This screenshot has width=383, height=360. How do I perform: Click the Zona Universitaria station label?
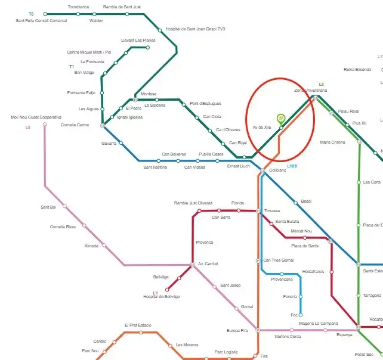pyautogui.click(x=310, y=91)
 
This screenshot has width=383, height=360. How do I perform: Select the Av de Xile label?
pyautogui.click(x=262, y=128)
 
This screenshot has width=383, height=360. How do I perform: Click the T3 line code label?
pyautogui.click(x=31, y=14)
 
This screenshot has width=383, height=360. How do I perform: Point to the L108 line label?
pyautogui.click(x=292, y=166)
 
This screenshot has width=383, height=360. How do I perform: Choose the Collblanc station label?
pyautogui.click(x=278, y=170)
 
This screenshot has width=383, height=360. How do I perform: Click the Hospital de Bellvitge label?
pyautogui.click(x=161, y=297)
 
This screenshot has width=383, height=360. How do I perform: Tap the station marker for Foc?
pyautogui.click(x=301, y=315)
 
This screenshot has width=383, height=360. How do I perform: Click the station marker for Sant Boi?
pyautogui.click(x=64, y=206)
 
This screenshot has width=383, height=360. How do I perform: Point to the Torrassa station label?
pyautogui.click(x=272, y=211)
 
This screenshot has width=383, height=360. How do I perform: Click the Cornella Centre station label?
pyautogui.click(x=75, y=125)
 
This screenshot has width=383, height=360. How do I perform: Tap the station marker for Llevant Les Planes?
pyautogui.click(x=147, y=47)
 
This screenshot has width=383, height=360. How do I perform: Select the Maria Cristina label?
pyautogui.click(x=332, y=142)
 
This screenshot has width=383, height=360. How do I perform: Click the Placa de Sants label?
pyautogui.click(x=304, y=246)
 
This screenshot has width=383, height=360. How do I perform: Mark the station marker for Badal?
pyautogui.click(x=296, y=203)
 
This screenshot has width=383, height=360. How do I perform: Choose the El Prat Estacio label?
pyautogui.click(x=138, y=325)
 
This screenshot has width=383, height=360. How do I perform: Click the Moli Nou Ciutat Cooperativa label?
pyautogui.click(x=36, y=117)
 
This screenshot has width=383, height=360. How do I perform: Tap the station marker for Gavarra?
pyautogui.click(x=121, y=143)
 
